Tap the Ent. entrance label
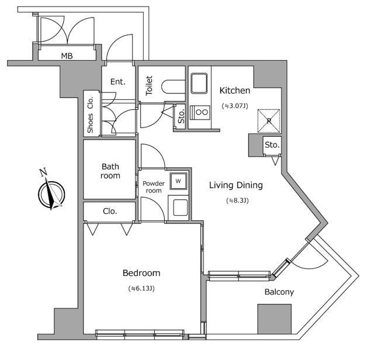point(118,82)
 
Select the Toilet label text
point(149,86)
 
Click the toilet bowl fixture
point(172,86)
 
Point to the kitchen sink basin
point(199,82)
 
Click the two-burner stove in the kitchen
point(202,112)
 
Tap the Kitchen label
point(235,91)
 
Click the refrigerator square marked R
point(269,120)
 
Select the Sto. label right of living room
point(271,145)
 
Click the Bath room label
point(110,171)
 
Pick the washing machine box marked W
point(178,181)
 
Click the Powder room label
point(153,186)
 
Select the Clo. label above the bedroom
point(110,211)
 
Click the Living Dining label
point(236,185)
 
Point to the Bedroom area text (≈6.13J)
point(141,289)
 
